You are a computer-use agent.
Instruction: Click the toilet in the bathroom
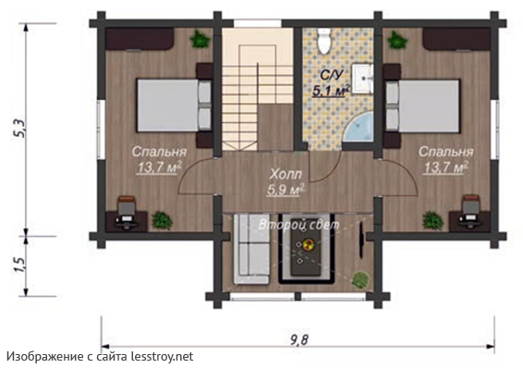tap(324, 41)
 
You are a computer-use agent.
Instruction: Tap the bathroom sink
tap(362, 79)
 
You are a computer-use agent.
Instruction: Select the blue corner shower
tap(359, 127)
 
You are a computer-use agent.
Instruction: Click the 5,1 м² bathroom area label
tap(331, 90)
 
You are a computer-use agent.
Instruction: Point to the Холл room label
tap(286, 174)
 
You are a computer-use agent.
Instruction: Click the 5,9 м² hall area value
tap(286, 190)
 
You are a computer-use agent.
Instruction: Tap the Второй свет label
tap(298, 225)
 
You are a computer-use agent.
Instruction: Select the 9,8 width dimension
tap(298, 340)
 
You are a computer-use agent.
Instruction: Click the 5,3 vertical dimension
tap(19, 129)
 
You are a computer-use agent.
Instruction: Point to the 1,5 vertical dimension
tap(19, 264)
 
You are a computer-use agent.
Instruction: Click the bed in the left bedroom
tap(174, 105)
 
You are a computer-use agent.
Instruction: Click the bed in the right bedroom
tap(423, 105)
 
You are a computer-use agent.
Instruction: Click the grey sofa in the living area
tap(251, 249)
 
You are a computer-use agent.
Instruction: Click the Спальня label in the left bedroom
tap(159, 152)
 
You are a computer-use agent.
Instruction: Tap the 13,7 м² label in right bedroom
tap(446, 167)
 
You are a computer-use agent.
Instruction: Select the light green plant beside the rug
tap(360, 279)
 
